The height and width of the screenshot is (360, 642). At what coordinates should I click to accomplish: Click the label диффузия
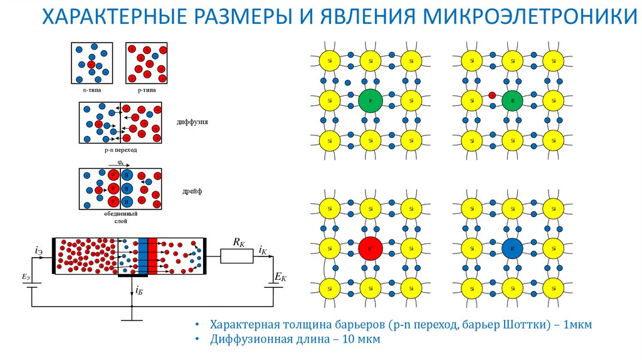point(192,122)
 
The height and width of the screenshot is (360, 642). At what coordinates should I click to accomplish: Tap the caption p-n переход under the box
point(120,151)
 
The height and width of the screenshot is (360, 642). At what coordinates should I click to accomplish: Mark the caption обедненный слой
point(120,218)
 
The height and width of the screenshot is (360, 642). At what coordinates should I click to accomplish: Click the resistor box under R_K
point(236,255)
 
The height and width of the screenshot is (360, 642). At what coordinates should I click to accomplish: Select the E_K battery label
point(280,277)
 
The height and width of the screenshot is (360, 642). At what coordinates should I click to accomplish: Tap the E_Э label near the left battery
point(25,276)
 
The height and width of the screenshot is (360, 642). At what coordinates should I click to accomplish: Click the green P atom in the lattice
point(370,100)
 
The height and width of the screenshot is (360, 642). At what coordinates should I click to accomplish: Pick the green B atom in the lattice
point(512,100)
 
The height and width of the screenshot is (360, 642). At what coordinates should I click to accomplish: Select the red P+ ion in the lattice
point(370,249)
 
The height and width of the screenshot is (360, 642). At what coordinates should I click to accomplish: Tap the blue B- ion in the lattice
point(512,249)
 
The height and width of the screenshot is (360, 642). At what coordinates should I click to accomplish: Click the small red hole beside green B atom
point(492,95)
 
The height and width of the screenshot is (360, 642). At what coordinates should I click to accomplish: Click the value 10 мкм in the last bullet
point(360,340)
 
